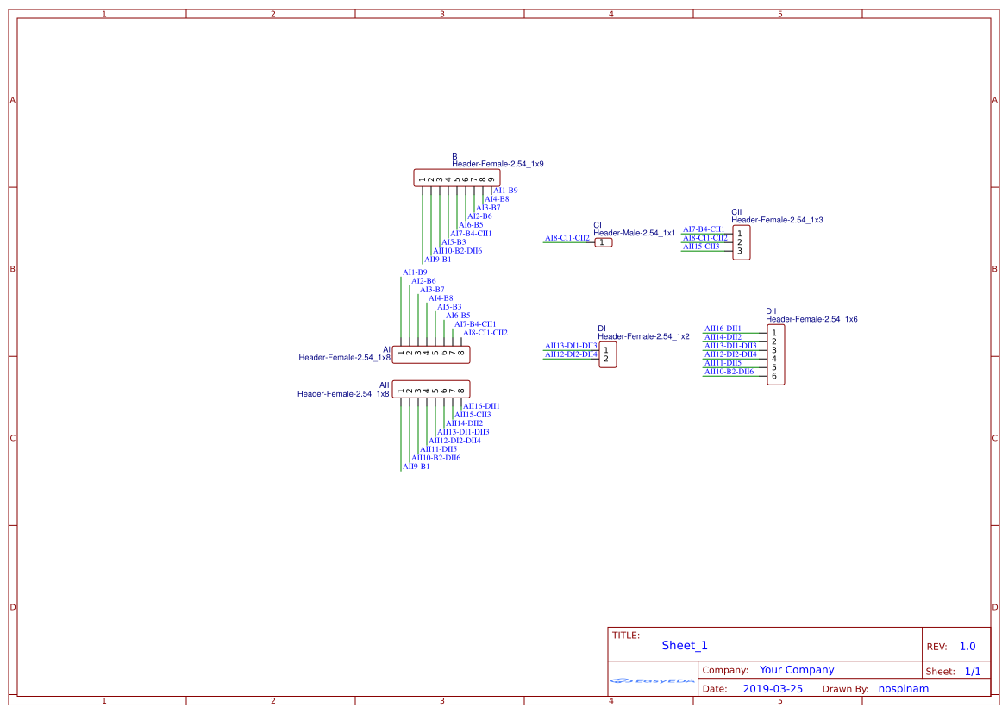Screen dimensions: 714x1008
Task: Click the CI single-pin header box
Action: (604, 242)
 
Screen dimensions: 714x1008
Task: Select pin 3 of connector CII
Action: (739, 251)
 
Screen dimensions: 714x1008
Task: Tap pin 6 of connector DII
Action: (774, 376)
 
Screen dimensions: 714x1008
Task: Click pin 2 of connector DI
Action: (605, 359)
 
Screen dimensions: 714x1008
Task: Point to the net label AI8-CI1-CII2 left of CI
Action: (567, 237)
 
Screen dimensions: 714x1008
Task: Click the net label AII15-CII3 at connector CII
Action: (700, 247)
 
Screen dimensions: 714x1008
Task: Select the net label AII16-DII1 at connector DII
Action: (723, 329)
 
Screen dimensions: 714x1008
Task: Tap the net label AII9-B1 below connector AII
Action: (416, 467)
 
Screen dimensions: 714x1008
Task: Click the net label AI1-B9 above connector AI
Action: (415, 272)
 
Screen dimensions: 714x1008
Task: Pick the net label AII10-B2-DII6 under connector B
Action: (457, 251)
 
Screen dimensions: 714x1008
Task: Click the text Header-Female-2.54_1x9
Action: (498, 164)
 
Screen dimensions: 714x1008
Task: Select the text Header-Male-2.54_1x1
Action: (634, 233)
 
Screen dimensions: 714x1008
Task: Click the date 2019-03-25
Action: (773, 689)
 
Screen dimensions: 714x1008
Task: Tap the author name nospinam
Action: (903, 689)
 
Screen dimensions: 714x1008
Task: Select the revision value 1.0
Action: (967, 647)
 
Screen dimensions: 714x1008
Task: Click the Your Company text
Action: (797, 670)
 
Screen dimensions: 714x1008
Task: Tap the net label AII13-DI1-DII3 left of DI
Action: (570, 346)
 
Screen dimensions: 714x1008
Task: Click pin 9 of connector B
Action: (491, 179)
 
